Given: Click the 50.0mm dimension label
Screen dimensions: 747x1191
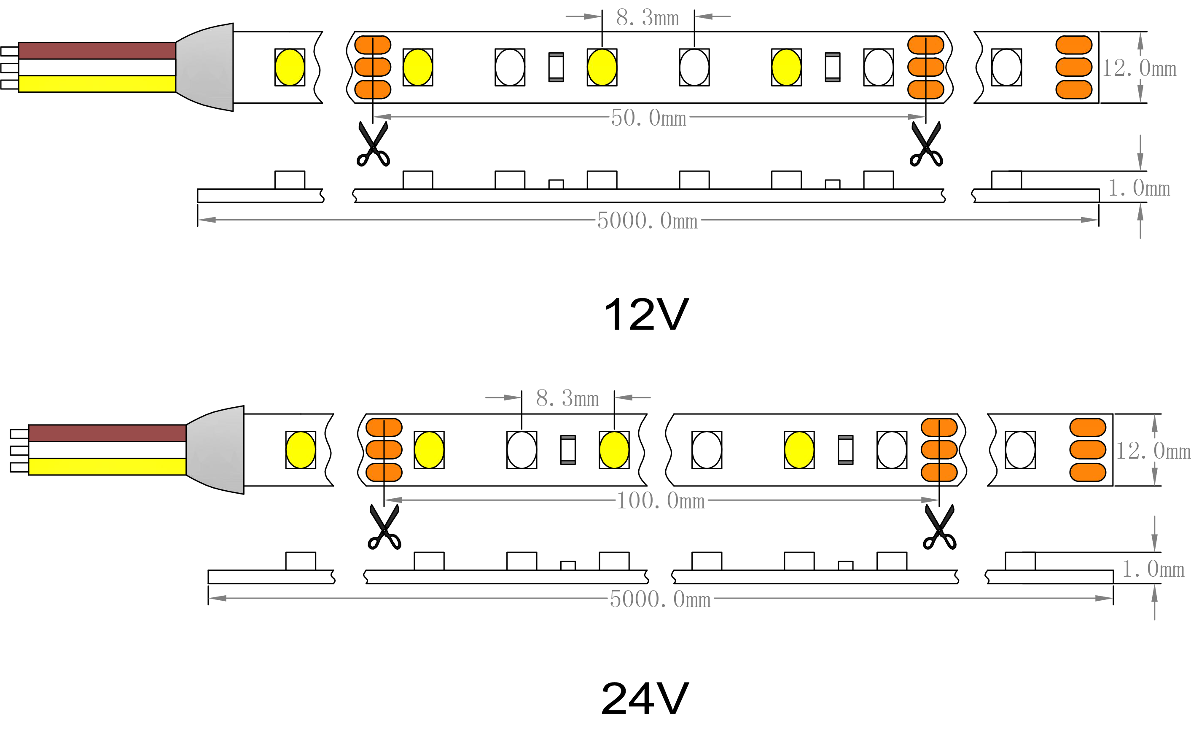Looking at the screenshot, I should pos(648,118).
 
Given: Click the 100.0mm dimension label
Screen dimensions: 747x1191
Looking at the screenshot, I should pos(661,501).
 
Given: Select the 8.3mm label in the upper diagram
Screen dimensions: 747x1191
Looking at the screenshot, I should pos(647,18).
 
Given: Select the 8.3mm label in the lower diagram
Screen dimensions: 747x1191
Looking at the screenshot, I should pos(567,398).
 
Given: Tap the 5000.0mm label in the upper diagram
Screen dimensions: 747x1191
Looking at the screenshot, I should pos(647,221).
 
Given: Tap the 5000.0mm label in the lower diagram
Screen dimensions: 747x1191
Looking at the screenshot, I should pos(660,599).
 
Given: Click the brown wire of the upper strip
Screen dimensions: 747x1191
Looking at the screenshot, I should pos(97,51).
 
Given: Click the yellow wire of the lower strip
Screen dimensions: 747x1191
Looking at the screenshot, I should pos(107,466).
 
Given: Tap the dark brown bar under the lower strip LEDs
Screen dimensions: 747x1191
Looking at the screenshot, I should pos(520,475).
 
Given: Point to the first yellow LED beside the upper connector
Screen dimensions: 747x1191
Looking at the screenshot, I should pos(290,67).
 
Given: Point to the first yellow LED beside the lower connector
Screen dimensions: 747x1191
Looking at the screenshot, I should pos(300,449).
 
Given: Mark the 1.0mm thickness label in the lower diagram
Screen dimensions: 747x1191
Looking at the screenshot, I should pos(1153,569).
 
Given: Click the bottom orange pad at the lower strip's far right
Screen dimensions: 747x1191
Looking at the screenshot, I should pos(1087,472).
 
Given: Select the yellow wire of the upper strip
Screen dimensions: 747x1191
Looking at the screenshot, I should pos(97,83).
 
